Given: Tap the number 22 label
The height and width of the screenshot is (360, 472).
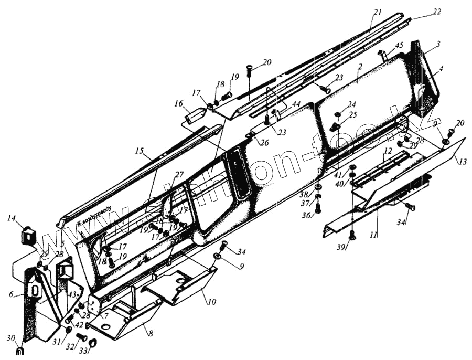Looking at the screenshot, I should coord(437,12).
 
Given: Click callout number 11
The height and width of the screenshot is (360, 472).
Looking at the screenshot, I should coord(373,235).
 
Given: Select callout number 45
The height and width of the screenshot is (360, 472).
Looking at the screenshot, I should coord(399,46).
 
